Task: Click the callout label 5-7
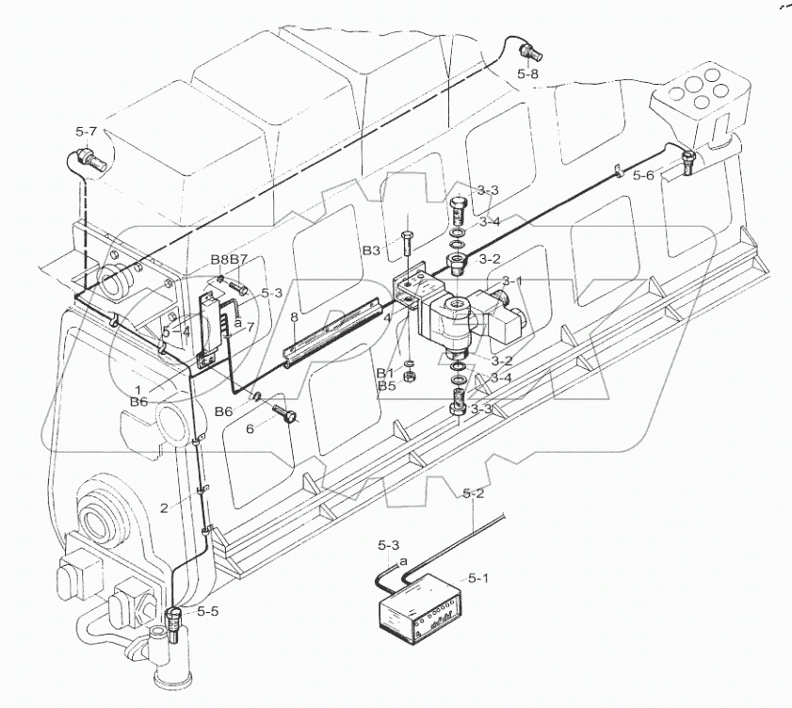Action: click(88, 134)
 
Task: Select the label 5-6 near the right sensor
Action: click(643, 175)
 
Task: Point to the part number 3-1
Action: click(512, 281)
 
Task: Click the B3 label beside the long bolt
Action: click(373, 251)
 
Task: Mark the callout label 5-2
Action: click(473, 493)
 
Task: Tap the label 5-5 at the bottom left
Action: click(208, 611)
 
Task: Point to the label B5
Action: click(386, 385)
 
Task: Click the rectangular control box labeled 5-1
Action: click(421, 612)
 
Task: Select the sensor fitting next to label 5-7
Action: click(87, 157)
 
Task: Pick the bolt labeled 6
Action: click(284, 413)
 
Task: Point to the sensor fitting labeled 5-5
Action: click(175, 622)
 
